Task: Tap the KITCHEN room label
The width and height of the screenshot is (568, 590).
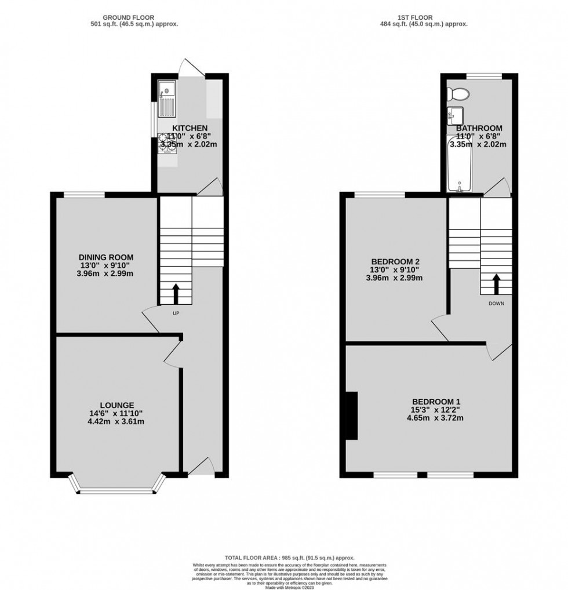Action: click(x=190, y=128)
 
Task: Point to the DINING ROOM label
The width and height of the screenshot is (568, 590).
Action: click(x=106, y=257)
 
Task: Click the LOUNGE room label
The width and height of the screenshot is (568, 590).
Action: click(x=116, y=405)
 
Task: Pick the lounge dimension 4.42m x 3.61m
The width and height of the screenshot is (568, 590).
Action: click(x=116, y=421)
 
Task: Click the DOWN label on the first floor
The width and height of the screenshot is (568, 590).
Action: click(x=496, y=303)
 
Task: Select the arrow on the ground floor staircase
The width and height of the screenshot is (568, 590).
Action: click(x=176, y=293)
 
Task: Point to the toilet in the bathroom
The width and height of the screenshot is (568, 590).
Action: click(x=462, y=94)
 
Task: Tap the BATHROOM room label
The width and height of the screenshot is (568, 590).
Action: click(x=479, y=128)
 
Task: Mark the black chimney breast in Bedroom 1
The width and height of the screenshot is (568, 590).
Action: click(x=351, y=415)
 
